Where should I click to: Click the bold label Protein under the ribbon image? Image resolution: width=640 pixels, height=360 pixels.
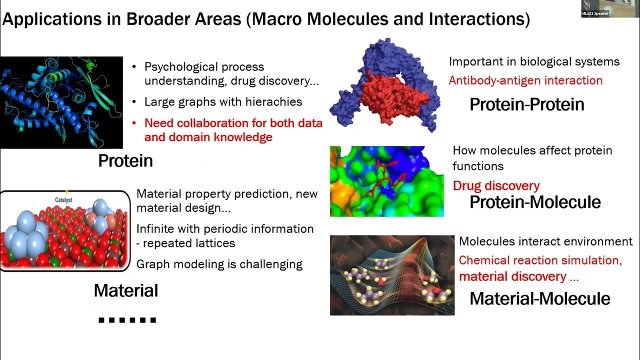click(125, 160)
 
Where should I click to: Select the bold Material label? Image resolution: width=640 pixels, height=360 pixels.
click(126, 290)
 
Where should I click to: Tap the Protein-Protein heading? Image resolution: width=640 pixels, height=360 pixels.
click(527, 104)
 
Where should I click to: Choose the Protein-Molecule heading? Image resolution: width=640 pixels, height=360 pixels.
click(535, 202)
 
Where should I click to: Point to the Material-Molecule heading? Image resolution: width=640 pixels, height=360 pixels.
click(540, 298)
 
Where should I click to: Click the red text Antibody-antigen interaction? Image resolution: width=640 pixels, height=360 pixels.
click(525, 80)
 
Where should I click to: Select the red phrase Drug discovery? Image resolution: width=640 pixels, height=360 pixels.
click(496, 186)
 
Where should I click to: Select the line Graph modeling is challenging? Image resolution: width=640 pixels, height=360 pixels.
click(219, 264)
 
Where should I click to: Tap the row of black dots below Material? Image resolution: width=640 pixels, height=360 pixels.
click(127, 320)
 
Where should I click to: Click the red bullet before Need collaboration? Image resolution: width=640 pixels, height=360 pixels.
click(134, 123)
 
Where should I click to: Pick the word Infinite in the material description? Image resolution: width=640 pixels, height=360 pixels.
click(156, 229)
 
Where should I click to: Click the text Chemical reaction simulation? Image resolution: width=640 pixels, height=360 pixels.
click(540, 260)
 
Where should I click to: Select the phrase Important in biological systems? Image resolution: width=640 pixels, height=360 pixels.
click(534, 61)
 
